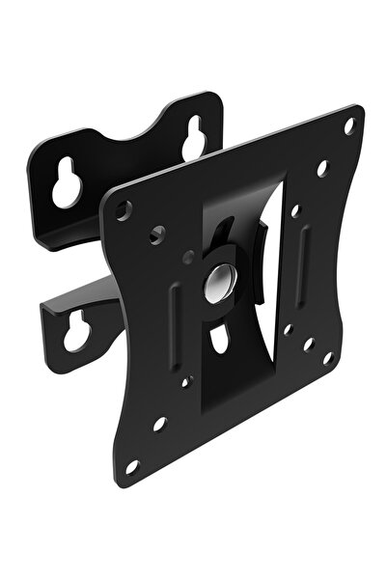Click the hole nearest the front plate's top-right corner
coord(349,124)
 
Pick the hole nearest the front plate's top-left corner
coord(124,207)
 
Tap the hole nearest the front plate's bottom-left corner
coord(132,465)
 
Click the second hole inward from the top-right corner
coord(322,166)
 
